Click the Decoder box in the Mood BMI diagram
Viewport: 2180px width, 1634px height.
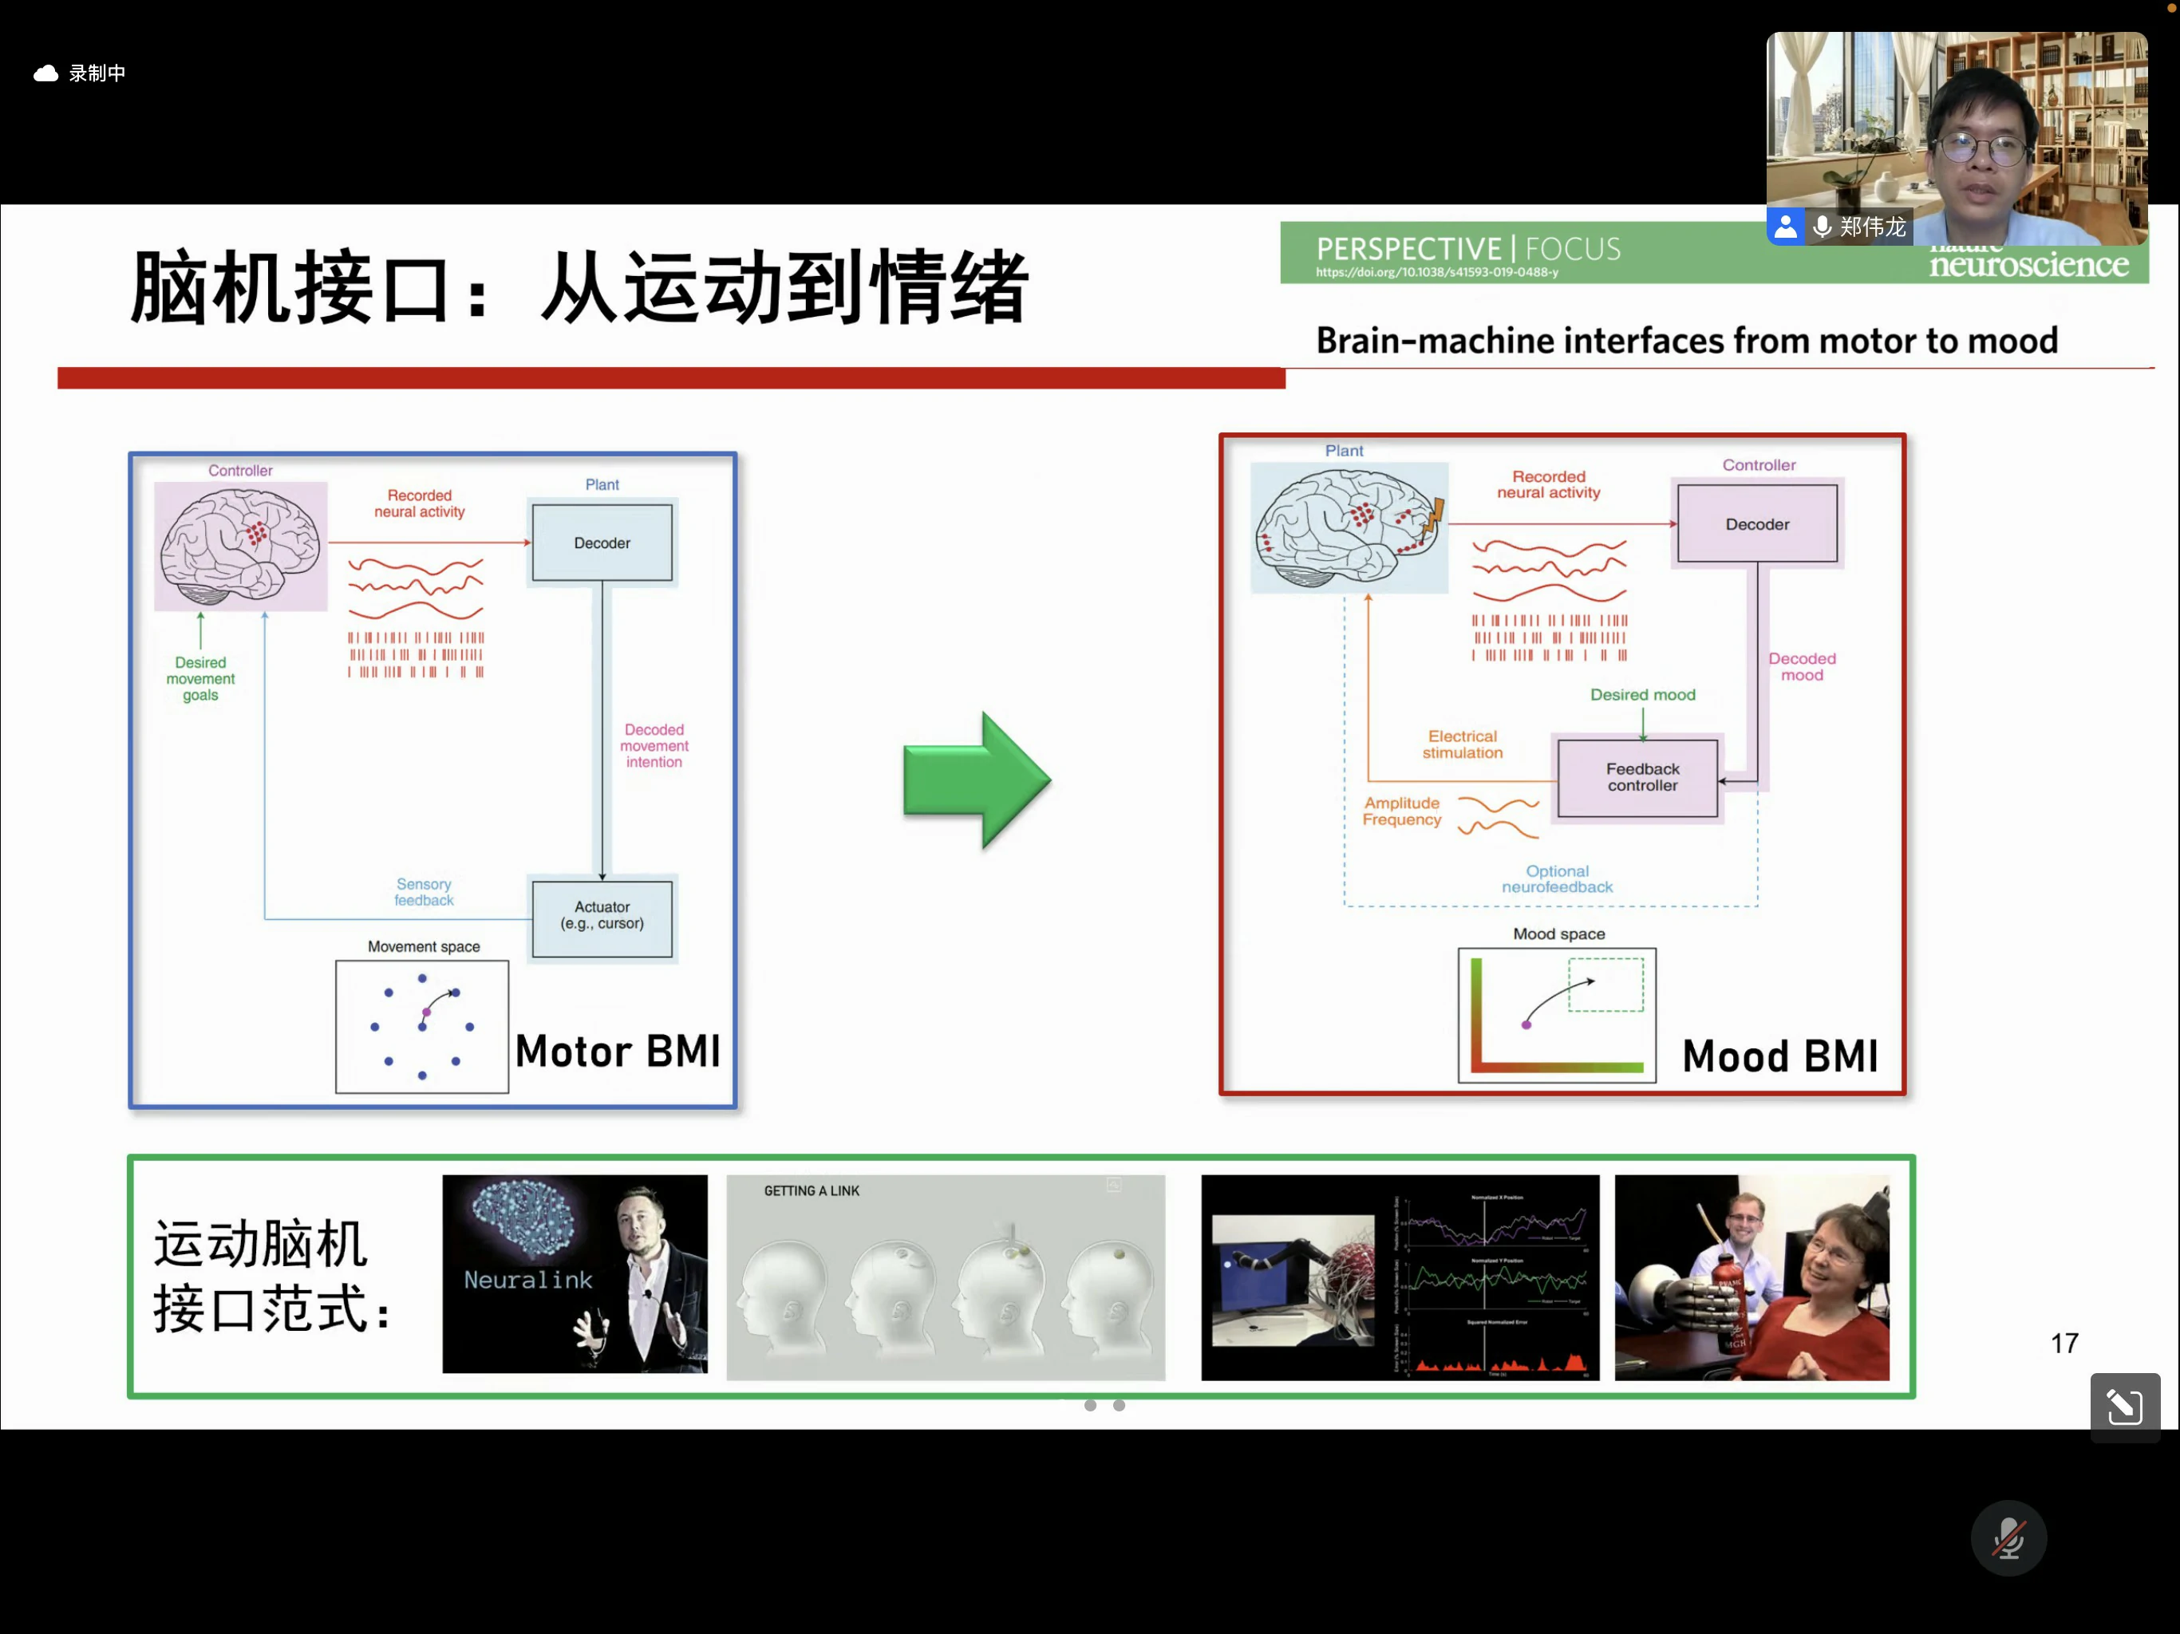1757,524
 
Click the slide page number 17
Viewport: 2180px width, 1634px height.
2063,1344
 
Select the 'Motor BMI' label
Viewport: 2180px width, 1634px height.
618,1052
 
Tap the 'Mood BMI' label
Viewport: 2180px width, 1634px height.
1780,1056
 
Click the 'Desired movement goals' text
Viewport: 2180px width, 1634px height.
200,679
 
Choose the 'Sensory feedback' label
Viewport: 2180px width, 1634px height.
424,892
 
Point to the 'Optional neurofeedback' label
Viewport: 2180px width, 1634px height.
1557,879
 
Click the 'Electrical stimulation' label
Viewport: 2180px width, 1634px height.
1463,745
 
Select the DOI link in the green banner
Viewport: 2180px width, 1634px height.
1437,273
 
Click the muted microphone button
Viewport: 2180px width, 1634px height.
2008,1538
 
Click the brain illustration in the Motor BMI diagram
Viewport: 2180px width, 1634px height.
240,546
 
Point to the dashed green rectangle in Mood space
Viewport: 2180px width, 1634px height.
1605,985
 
